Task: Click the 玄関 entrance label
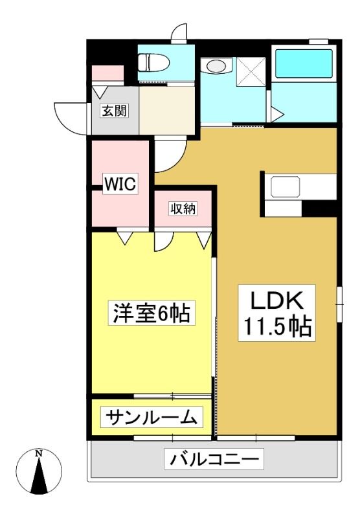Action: click(x=114, y=111)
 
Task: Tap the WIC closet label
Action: click(x=120, y=184)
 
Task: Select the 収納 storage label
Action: click(x=183, y=208)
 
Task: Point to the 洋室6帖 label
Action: click(x=152, y=313)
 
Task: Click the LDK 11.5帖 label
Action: click(x=276, y=313)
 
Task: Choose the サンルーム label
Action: click(x=152, y=417)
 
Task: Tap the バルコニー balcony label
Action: click(x=214, y=458)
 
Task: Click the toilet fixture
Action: click(x=154, y=62)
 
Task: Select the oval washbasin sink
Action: click(x=215, y=66)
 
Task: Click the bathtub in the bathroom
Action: click(x=304, y=63)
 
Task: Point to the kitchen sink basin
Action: click(x=286, y=187)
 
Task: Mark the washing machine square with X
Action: click(x=251, y=72)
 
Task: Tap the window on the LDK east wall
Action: click(x=339, y=304)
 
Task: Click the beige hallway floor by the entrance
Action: click(x=166, y=110)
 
